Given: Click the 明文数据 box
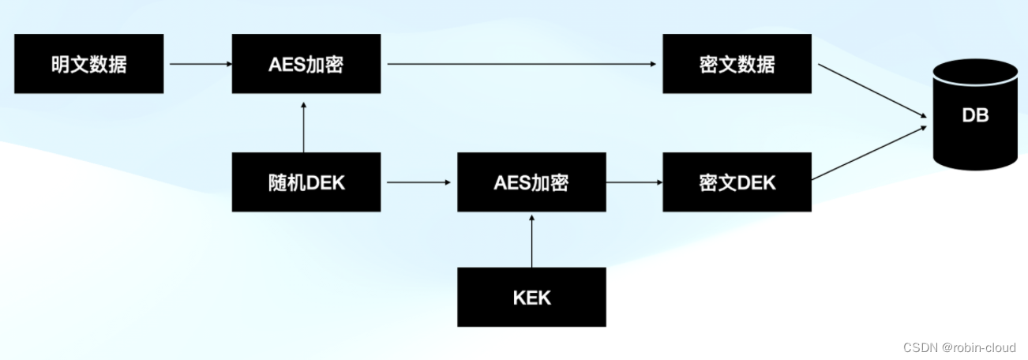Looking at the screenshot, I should tap(89, 64).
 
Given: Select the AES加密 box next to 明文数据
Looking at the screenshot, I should tap(306, 64).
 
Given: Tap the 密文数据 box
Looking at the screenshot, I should tap(737, 64).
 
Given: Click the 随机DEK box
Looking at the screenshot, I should tap(306, 182).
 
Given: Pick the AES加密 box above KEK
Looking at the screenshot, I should tap(531, 182).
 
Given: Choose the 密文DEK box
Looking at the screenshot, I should tap(737, 182).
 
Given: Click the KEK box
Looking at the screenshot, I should tap(531, 298).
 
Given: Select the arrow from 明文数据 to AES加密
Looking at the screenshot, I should tap(197, 64).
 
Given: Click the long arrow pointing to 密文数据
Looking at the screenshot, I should tap(521, 64).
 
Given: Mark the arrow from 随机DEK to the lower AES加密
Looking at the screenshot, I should tap(418, 182).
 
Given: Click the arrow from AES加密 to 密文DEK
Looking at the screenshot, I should tap(634, 182).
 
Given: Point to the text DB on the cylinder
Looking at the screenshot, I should tap(975, 115).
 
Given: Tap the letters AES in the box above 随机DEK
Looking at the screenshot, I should tap(286, 65).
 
